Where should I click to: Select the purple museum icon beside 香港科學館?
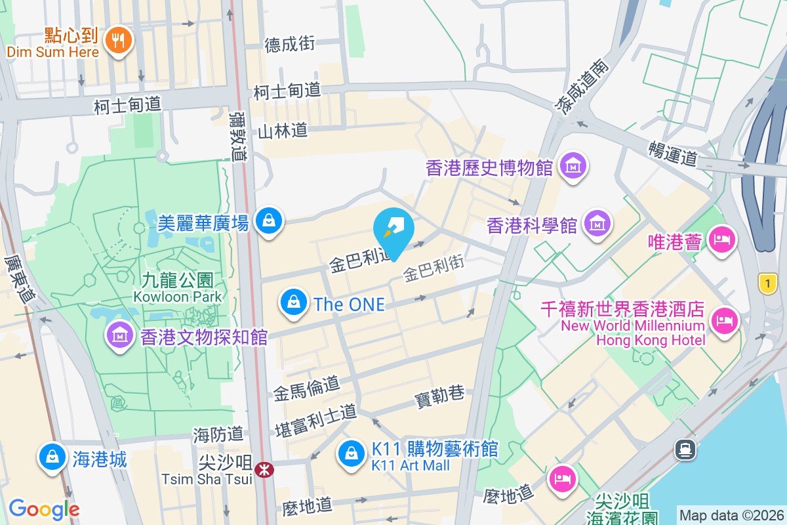pyautogui.click(x=597, y=224)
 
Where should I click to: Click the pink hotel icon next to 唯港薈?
pyautogui.click(x=723, y=240)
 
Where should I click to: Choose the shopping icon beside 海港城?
pyautogui.click(x=51, y=457)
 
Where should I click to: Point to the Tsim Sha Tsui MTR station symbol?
pyautogui.click(x=264, y=470)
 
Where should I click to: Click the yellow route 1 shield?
pyautogui.click(x=767, y=283)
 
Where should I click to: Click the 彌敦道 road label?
pyautogui.click(x=238, y=136)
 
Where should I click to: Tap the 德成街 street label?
pyautogui.click(x=290, y=44)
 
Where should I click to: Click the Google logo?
pyautogui.click(x=44, y=509)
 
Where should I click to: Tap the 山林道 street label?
pyautogui.click(x=283, y=131)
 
